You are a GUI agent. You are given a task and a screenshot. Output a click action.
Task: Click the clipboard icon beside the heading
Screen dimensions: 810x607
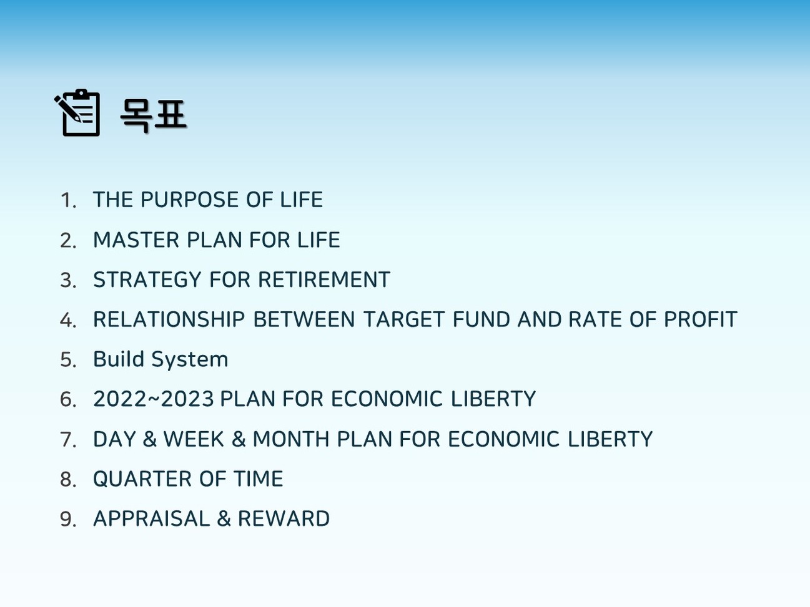point(77,113)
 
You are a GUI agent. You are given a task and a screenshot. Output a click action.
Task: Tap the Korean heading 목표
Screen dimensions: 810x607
point(153,115)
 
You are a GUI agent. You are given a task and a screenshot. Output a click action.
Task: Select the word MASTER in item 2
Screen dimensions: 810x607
point(136,240)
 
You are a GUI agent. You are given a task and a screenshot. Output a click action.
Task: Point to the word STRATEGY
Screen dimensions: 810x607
point(147,279)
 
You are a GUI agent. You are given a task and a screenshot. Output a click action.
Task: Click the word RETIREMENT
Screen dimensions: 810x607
point(324,279)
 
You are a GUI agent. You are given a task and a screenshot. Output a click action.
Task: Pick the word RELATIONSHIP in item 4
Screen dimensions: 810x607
point(169,319)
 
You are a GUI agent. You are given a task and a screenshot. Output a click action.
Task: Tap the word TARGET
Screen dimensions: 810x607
point(404,319)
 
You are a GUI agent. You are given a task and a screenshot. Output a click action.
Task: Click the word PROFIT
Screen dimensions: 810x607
point(701,319)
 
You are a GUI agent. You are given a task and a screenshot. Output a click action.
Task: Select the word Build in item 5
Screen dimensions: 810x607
point(119,359)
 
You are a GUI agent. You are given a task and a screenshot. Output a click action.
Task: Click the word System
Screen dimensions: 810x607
point(190,360)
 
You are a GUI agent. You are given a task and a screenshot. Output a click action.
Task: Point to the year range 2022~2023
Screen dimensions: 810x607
point(154,399)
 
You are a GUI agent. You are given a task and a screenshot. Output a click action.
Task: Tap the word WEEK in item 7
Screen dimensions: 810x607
point(194,439)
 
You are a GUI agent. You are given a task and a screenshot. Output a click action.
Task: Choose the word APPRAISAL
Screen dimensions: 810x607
point(152,518)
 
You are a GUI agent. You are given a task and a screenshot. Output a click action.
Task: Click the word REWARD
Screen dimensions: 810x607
point(284,518)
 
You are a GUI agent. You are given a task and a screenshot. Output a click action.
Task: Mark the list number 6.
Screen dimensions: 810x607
point(68,399)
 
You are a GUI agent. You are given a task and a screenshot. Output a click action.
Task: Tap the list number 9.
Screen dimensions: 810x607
point(68,519)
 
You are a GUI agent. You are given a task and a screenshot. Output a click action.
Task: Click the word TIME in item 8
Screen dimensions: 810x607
point(259,478)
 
